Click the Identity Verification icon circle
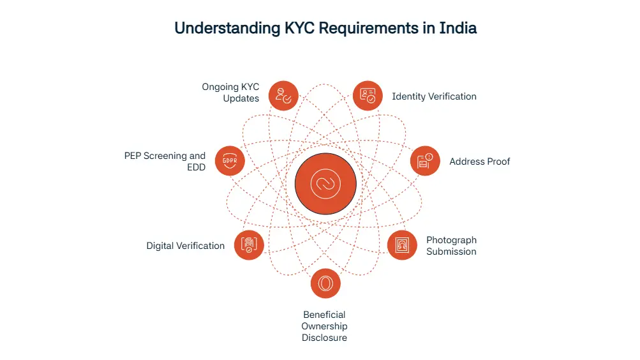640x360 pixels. (x=368, y=96)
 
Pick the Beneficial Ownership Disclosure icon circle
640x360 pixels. (x=325, y=283)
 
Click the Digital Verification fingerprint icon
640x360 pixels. (x=249, y=245)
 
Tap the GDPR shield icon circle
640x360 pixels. (x=230, y=161)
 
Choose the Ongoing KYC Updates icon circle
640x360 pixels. (x=283, y=96)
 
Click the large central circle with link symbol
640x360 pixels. (x=325, y=184)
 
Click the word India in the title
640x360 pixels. (x=458, y=28)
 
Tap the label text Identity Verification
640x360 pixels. (x=434, y=96)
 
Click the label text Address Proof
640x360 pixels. (x=479, y=161)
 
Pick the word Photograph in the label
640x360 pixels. (x=451, y=240)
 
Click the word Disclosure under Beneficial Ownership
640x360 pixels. (x=324, y=338)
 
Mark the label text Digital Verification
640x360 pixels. (x=185, y=246)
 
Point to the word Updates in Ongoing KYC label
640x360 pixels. (x=241, y=98)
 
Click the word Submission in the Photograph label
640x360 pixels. (x=451, y=251)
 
